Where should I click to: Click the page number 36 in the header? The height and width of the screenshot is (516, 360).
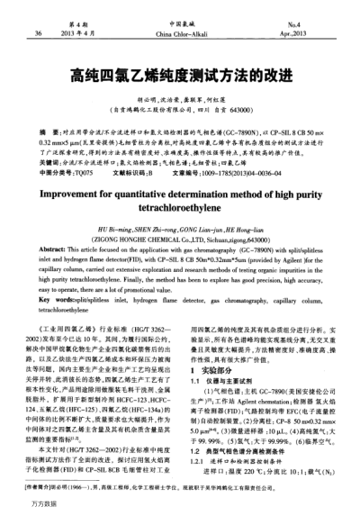coord(39,33)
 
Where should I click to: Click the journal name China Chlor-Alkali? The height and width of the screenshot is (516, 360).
coord(180,34)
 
